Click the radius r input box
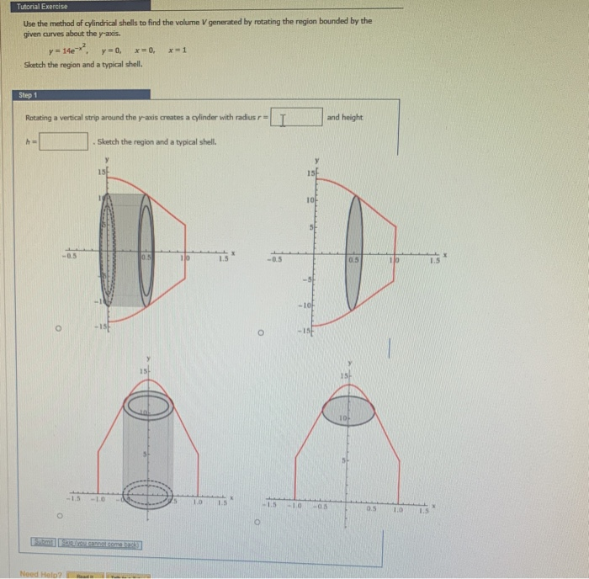pos(295,118)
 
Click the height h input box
pos(64,141)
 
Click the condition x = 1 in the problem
pos(178,50)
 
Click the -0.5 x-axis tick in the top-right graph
pos(273,259)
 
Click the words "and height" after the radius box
pos(345,118)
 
